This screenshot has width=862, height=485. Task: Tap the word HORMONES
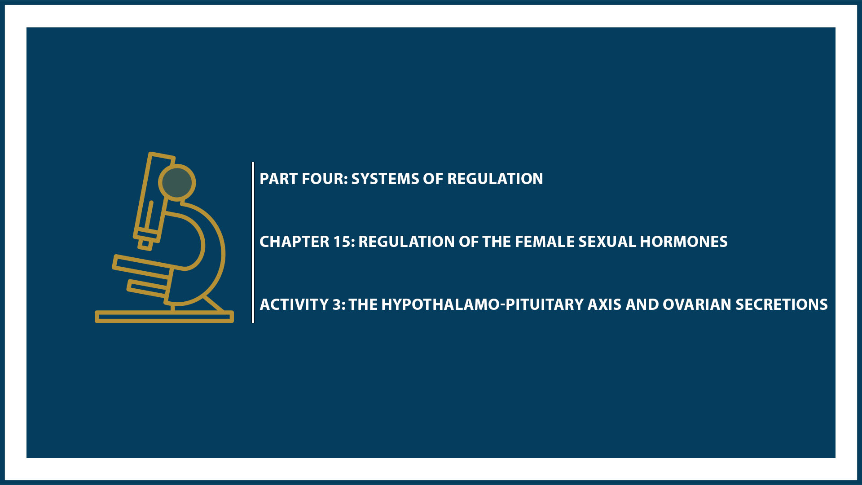[683, 242]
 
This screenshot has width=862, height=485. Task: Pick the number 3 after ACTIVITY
[337, 304]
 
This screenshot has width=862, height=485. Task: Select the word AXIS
[604, 304]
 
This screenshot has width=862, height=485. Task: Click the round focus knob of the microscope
[177, 182]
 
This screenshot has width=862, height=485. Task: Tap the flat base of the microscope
[164, 317]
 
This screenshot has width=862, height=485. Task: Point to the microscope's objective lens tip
[145, 243]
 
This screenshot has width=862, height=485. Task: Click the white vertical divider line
[253, 242]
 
